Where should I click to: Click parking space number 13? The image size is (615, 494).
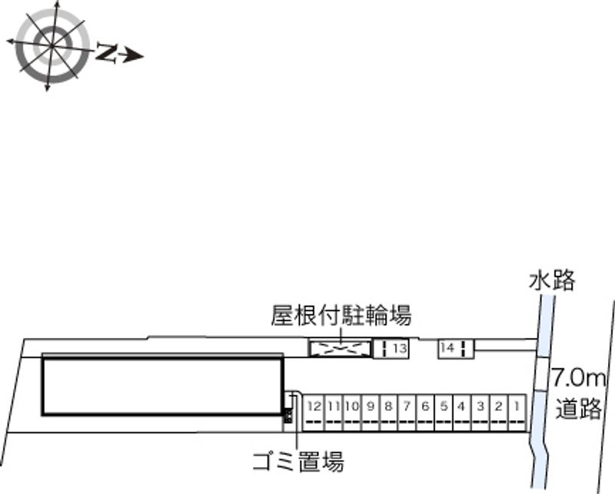pyautogui.click(x=394, y=349)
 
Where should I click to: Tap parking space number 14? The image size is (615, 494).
pyautogui.click(x=451, y=348)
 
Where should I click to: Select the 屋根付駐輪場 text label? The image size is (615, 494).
pyautogui.click(x=341, y=315)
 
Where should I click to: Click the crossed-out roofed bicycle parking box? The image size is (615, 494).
pyautogui.click(x=339, y=349)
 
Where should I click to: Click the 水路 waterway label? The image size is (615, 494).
pyautogui.click(x=552, y=280)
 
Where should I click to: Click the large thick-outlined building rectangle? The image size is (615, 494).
pyautogui.click(x=161, y=385)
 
